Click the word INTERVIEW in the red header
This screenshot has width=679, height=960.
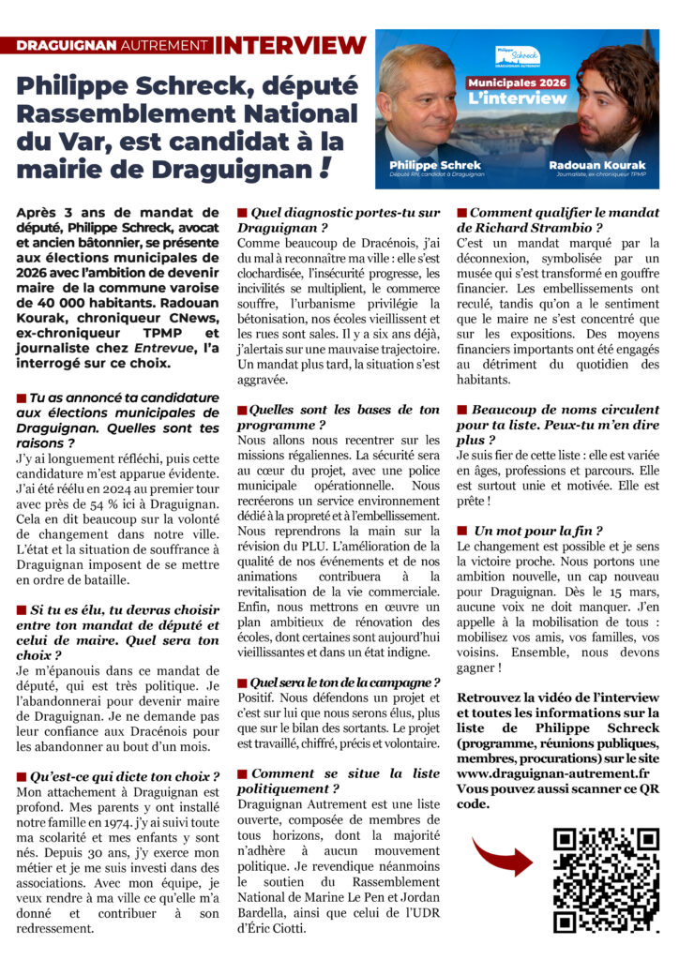pyautogui.click(x=290, y=45)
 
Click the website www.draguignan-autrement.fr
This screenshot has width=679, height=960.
pyautogui.click(x=553, y=772)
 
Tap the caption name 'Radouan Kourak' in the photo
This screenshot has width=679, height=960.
pyautogui.click(x=596, y=164)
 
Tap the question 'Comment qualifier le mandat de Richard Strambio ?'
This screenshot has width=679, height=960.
pyautogui.click(x=557, y=220)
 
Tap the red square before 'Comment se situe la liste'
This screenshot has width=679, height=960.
pyautogui.click(x=242, y=774)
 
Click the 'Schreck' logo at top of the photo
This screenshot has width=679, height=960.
pyautogui.click(x=517, y=55)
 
